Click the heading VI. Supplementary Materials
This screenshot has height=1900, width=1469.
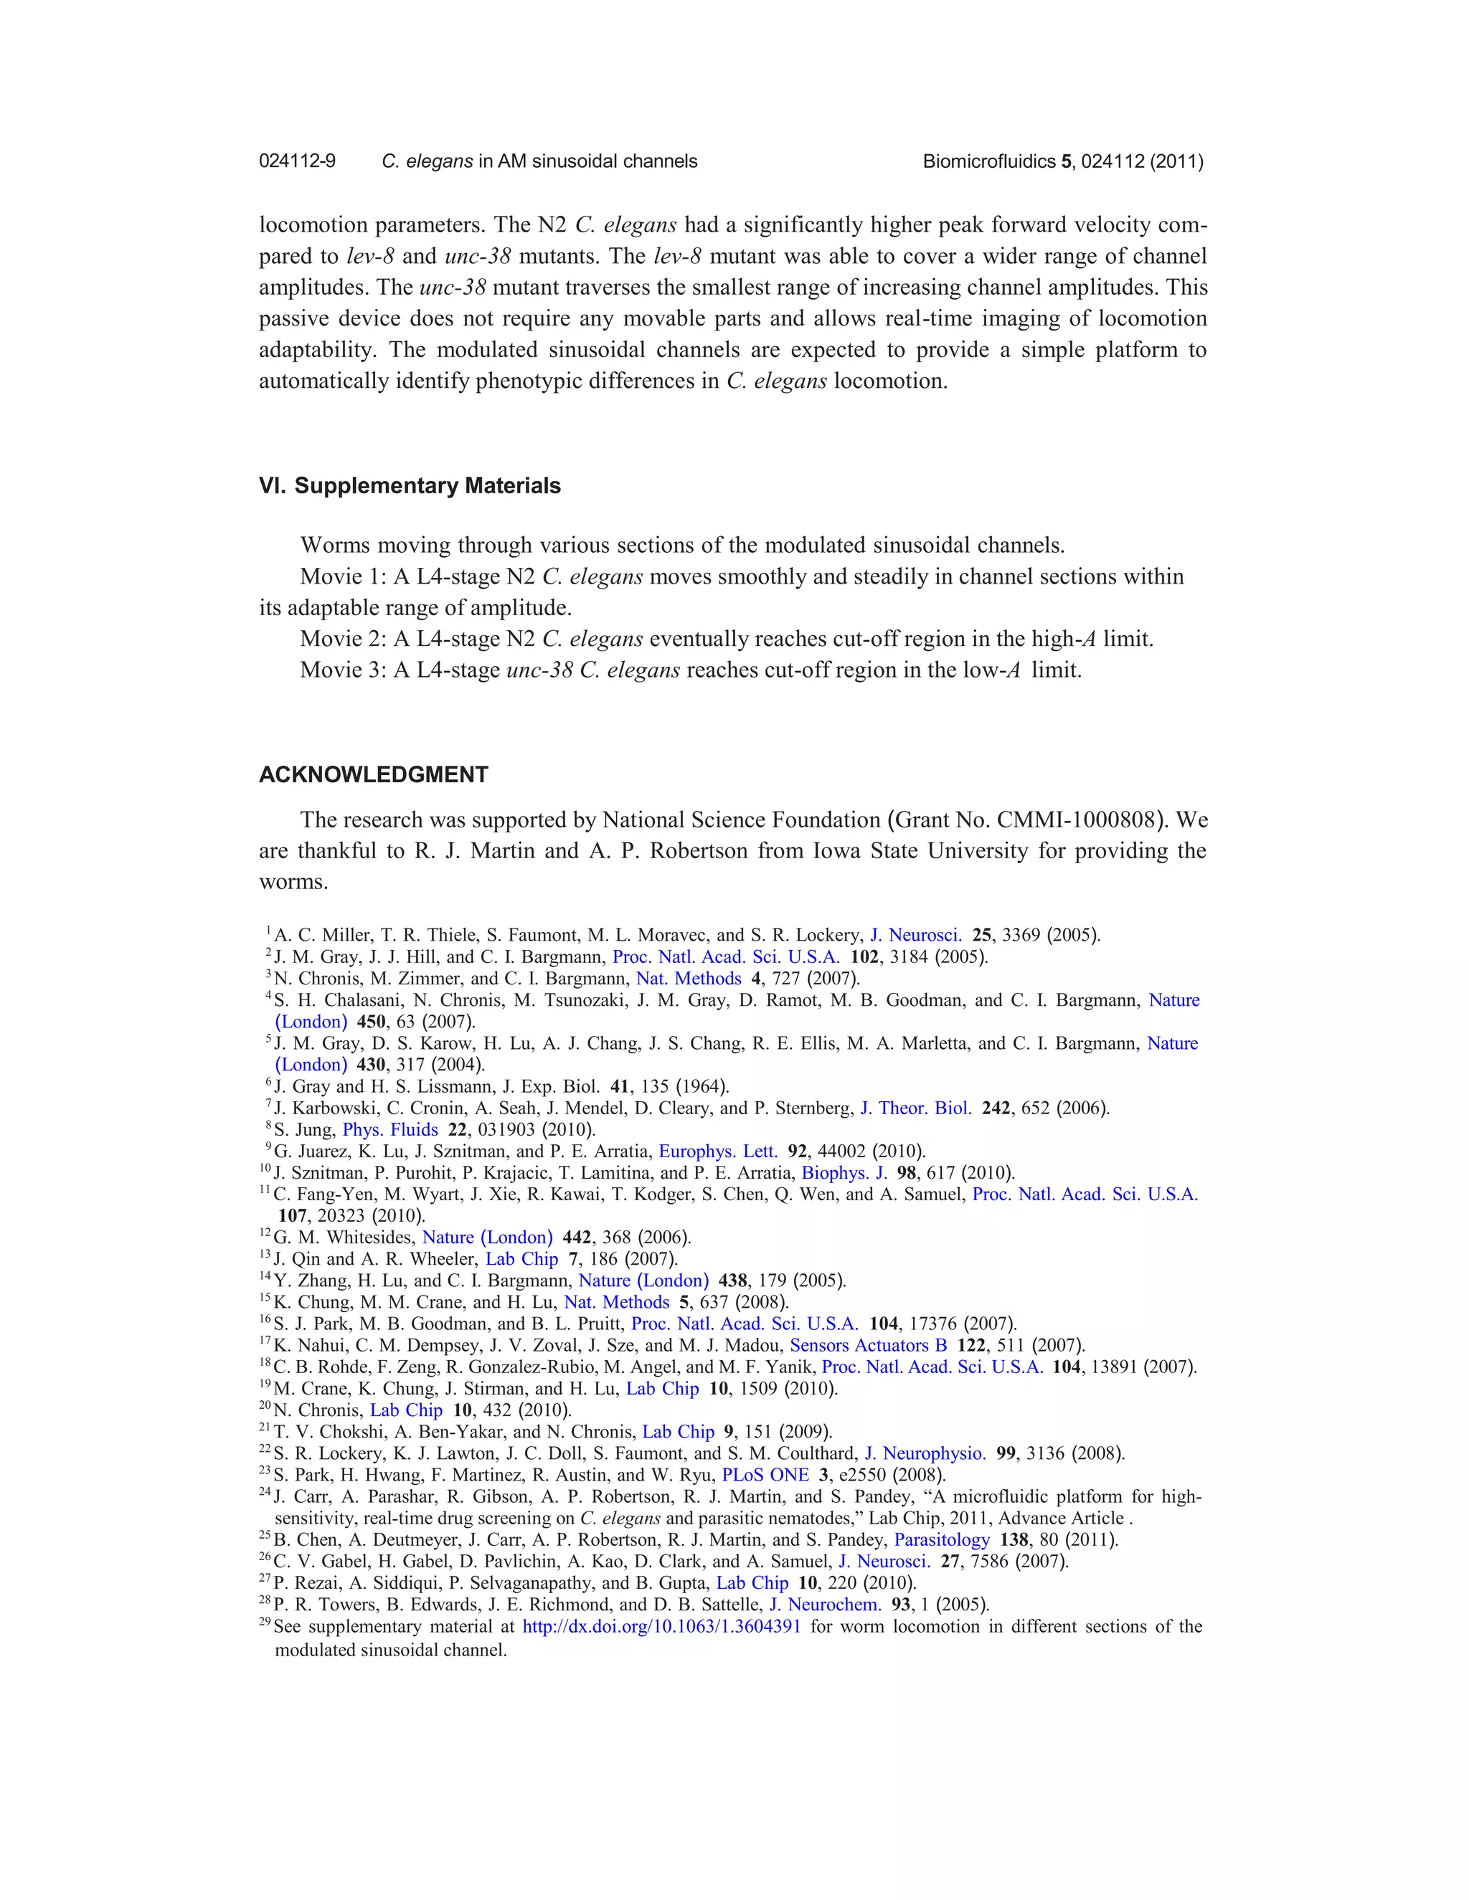tap(410, 485)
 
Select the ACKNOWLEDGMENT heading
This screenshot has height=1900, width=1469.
tap(373, 774)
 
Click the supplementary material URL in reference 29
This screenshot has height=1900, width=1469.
tap(661, 1626)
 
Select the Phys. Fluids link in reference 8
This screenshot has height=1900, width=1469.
tap(390, 1129)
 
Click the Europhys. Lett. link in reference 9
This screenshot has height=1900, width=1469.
tap(718, 1151)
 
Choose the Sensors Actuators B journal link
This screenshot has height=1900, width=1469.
tap(868, 1345)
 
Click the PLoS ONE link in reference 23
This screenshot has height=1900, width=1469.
tap(765, 1475)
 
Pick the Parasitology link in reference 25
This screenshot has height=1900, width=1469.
tap(942, 1540)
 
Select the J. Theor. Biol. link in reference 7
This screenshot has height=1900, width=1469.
tap(915, 1108)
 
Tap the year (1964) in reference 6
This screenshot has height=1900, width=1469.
tap(705, 1086)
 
